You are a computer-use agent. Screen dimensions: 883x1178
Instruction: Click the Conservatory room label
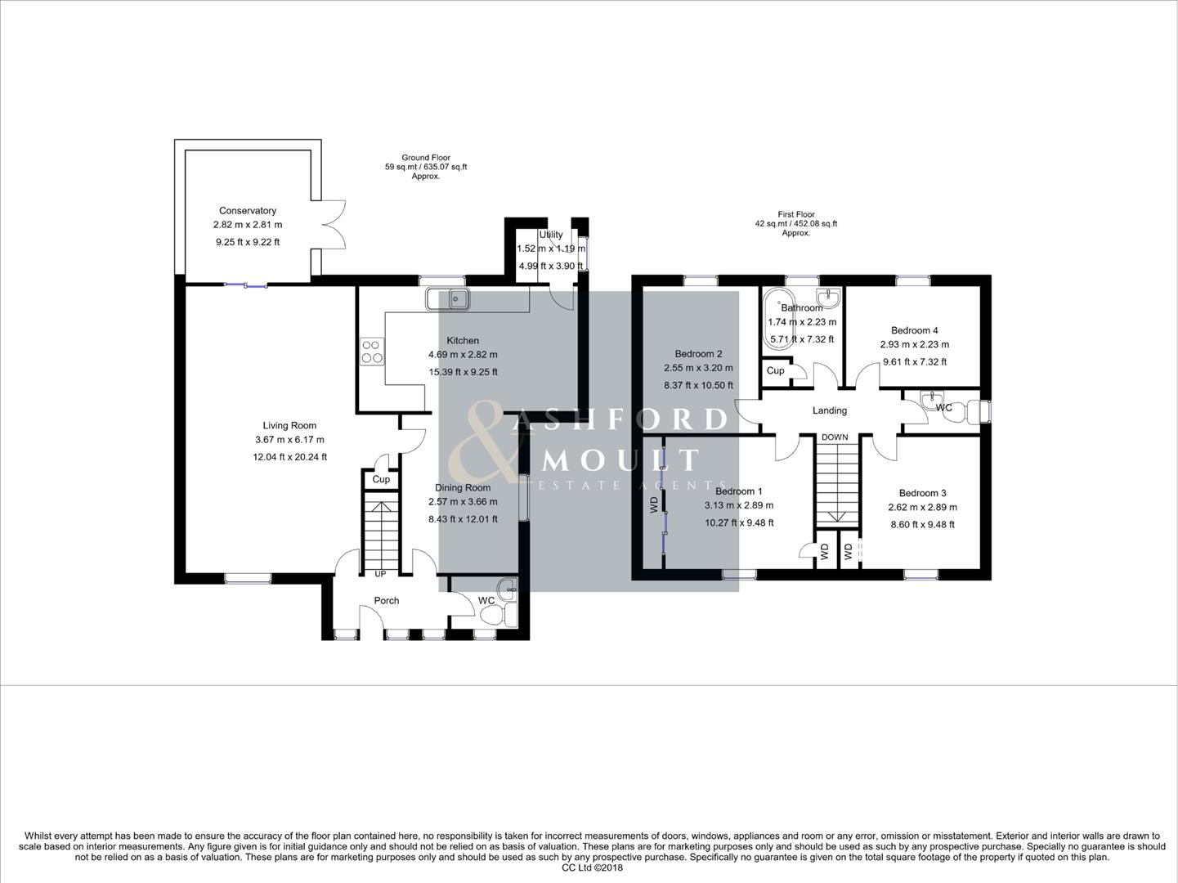point(247,211)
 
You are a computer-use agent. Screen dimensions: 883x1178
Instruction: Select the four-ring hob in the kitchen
point(372,351)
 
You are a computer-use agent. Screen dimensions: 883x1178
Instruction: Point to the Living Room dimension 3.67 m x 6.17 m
point(289,440)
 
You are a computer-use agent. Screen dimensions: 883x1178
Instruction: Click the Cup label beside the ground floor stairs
point(381,479)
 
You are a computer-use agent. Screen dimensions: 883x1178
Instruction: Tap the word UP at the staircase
point(380,574)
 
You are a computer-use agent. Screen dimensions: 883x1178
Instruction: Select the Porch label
point(387,601)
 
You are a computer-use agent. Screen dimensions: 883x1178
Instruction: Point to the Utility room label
point(551,235)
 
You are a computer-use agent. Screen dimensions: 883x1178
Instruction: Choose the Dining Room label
point(463,488)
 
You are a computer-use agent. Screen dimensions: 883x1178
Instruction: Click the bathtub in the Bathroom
point(776,320)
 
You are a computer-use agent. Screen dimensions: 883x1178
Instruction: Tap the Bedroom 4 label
point(914,330)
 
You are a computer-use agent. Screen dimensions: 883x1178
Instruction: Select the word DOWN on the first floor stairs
point(835,437)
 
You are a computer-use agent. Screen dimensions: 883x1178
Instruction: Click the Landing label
point(829,410)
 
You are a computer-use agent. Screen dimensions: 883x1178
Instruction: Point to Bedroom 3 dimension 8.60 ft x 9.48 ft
point(922,524)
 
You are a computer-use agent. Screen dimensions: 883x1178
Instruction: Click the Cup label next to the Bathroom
point(775,370)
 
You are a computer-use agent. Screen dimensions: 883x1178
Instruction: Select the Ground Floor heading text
point(425,158)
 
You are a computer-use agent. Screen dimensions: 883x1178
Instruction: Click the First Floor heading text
point(795,214)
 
